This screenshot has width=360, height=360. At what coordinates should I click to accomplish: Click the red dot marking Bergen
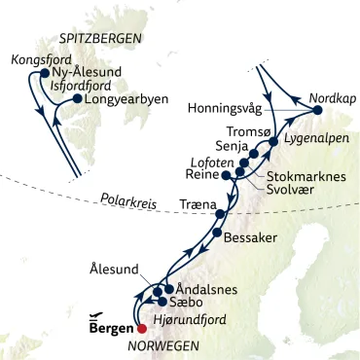[142, 328]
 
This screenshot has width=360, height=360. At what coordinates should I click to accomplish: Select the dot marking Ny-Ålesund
[46, 73]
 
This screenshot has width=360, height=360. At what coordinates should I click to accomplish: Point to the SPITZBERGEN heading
[100, 38]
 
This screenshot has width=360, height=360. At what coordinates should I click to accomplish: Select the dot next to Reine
[227, 177]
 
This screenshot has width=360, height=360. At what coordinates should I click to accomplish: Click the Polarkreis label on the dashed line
[126, 201]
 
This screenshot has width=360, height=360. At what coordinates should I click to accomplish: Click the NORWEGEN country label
[170, 346]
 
